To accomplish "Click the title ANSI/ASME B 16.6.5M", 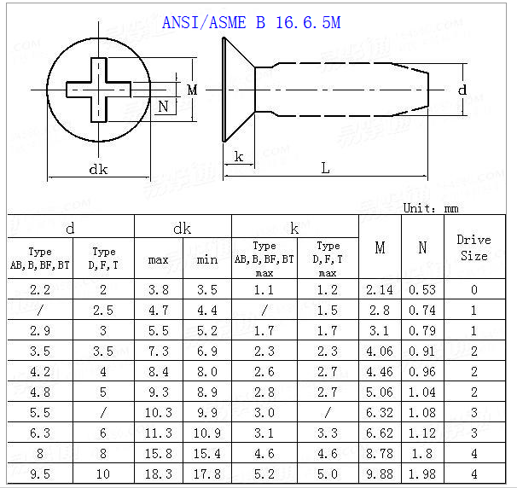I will click(x=251, y=23).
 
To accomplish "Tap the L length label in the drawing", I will click(x=325, y=168).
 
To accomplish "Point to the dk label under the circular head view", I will click(x=99, y=169).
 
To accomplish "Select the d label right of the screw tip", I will click(x=462, y=89).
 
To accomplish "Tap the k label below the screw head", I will click(x=239, y=156).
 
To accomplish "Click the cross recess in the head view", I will click(x=99, y=89).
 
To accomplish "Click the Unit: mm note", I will click(x=432, y=207).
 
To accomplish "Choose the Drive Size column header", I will click(x=473, y=247).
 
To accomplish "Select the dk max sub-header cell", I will click(x=159, y=259).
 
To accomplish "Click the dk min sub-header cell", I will click(x=207, y=259).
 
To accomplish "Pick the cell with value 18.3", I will click(x=159, y=474).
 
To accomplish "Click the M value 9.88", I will click(x=380, y=474).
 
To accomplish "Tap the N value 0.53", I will click(x=422, y=290).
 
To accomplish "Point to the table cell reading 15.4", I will click(x=207, y=454).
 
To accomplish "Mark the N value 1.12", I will click(x=422, y=433).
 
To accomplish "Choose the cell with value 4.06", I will click(x=380, y=351).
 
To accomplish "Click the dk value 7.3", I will click(x=159, y=351).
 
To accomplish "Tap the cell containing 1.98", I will click(x=422, y=474).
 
